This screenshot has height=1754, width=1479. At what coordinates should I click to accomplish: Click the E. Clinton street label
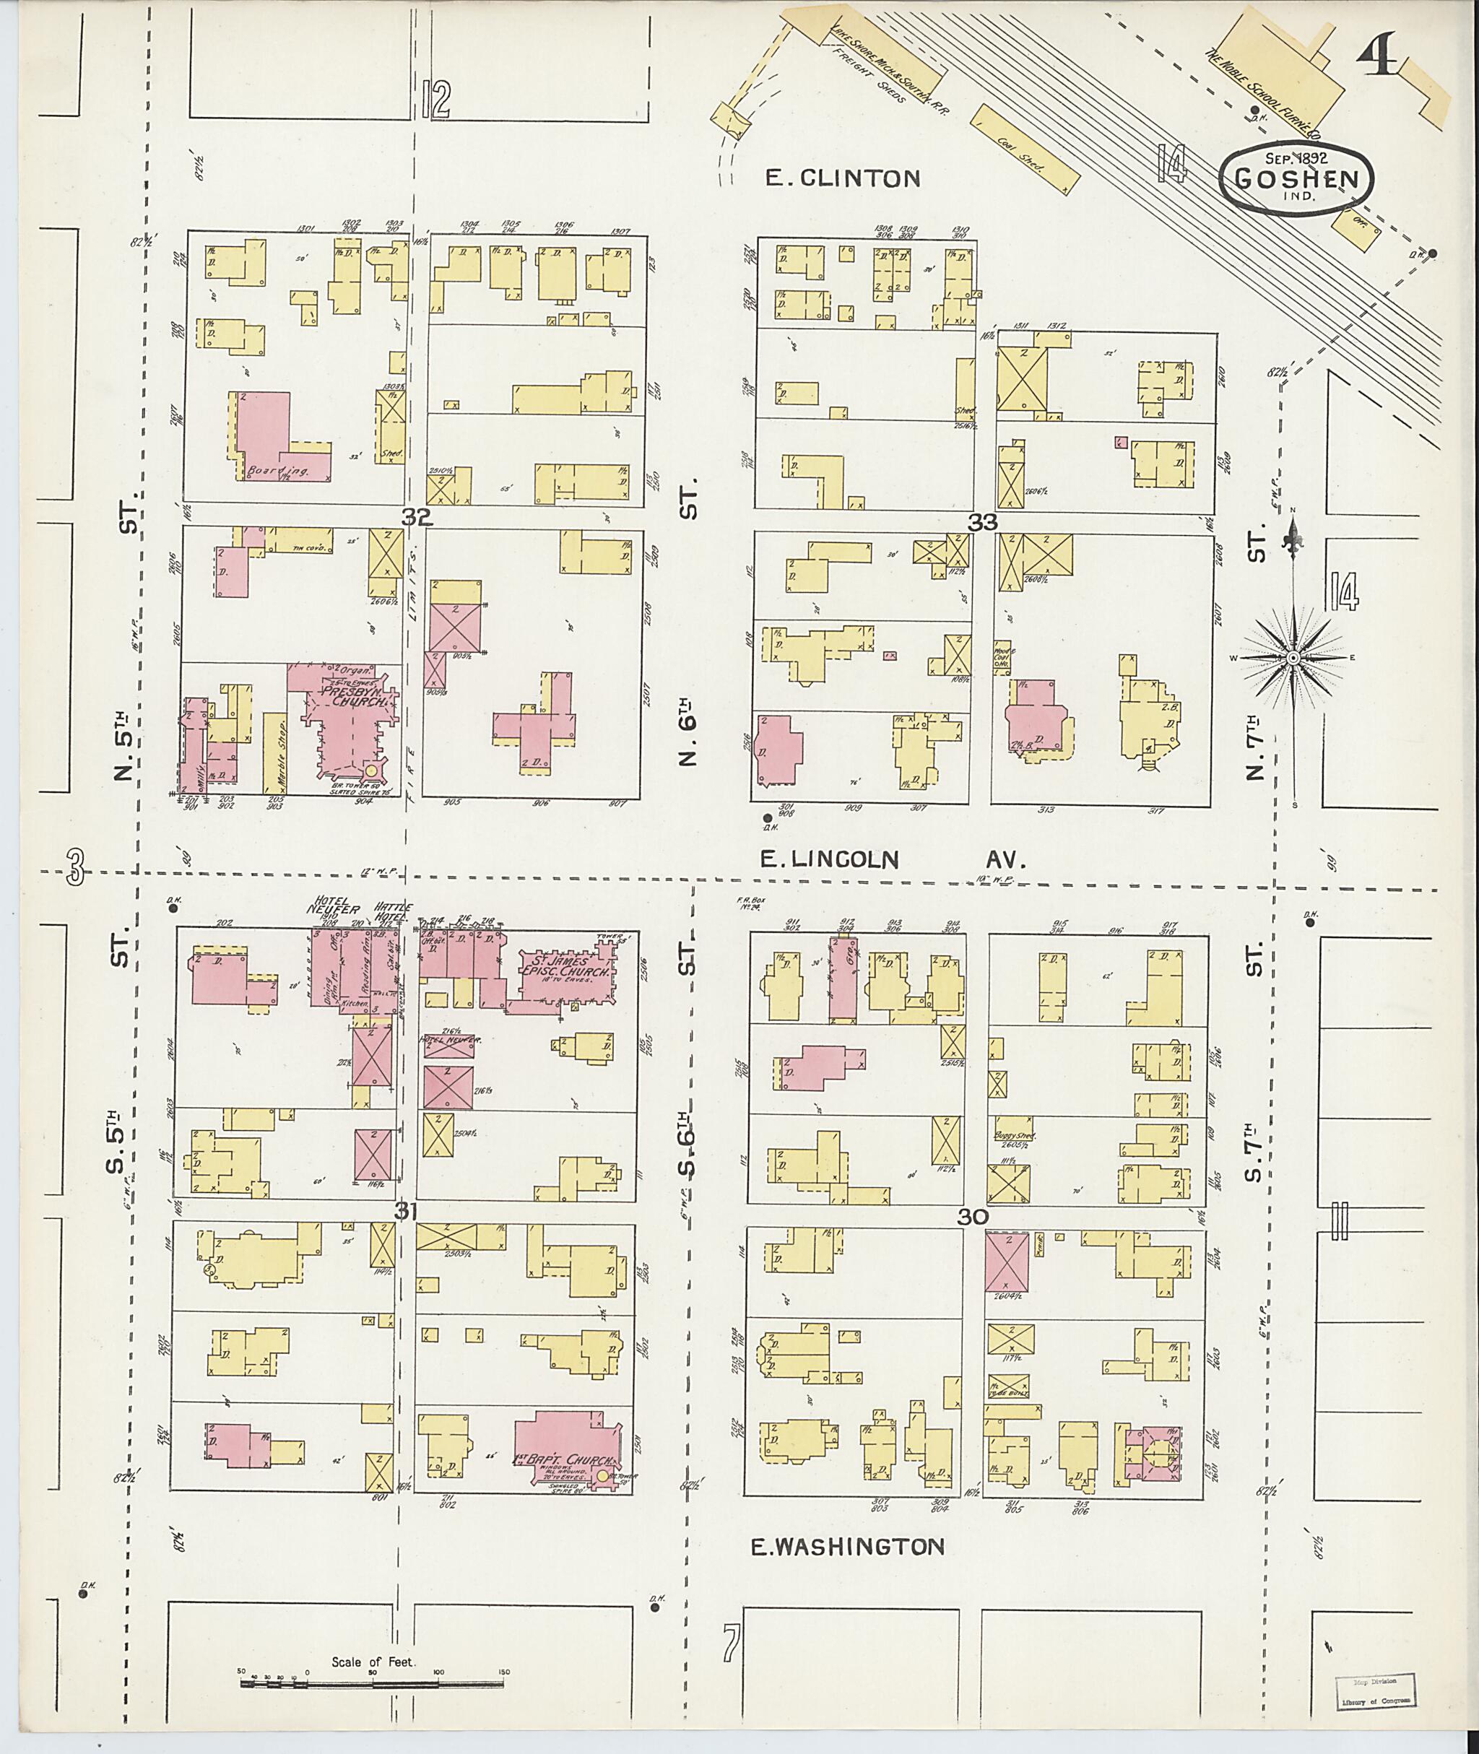click(844, 178)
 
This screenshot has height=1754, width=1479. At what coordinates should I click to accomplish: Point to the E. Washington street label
click(847, 1546)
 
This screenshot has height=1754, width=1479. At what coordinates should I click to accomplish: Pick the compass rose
click(1293, 658)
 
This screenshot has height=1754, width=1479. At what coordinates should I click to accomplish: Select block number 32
click(416, 517)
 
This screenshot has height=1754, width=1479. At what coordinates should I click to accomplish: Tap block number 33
click(982, 522)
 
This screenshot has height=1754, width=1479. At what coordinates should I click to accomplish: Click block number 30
click(973, 1216)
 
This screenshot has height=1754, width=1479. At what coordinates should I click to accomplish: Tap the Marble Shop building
click(274, 753)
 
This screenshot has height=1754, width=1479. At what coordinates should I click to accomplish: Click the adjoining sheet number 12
click(436, 99)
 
